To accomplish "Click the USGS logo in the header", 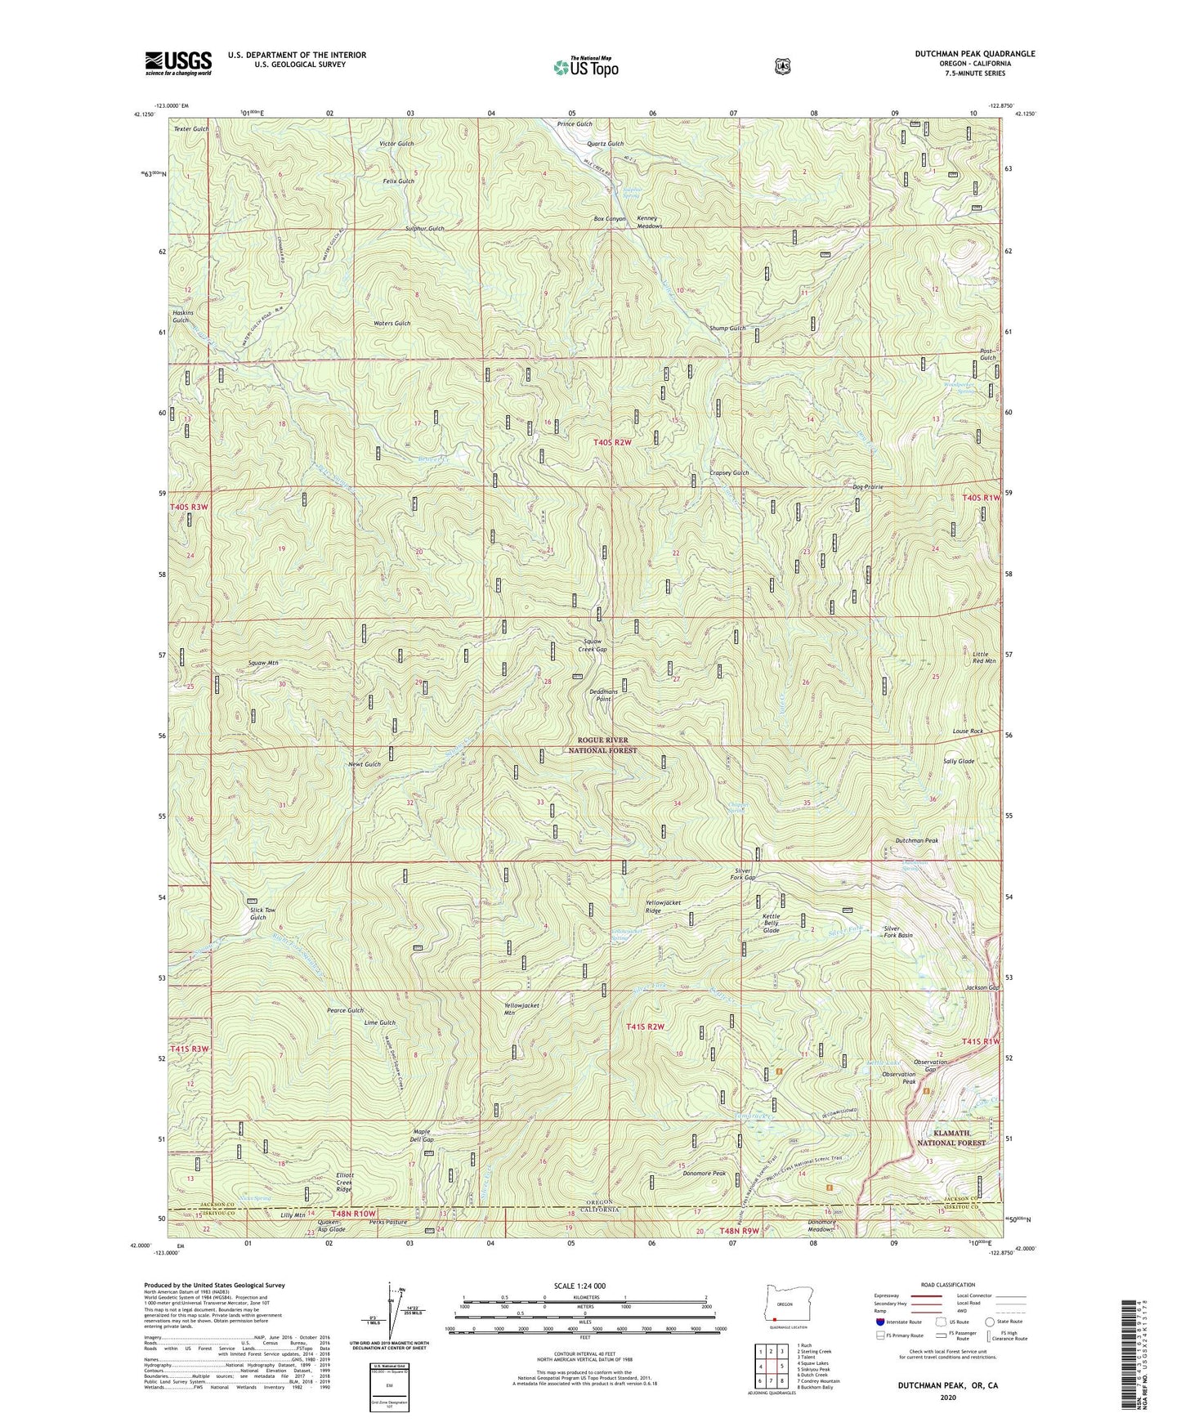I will [178, 63].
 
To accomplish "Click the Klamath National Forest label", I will [947, 1138].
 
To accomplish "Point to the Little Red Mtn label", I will [985, 655].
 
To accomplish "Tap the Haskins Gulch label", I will [181, 316].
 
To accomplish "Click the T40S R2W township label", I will [613, 442].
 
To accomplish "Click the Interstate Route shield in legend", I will [880, 1322].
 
